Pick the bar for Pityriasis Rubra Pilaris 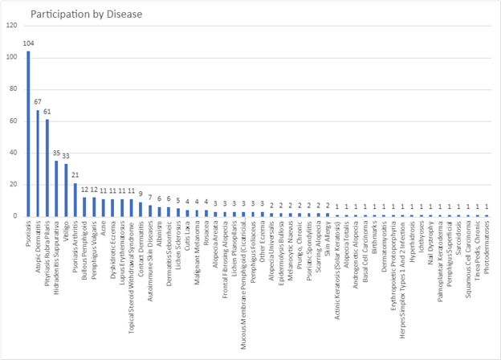47,168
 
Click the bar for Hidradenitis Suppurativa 57,189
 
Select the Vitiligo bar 66,190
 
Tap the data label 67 38,104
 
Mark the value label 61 47,113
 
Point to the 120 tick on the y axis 10,26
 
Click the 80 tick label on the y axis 12,89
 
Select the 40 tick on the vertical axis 12,153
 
